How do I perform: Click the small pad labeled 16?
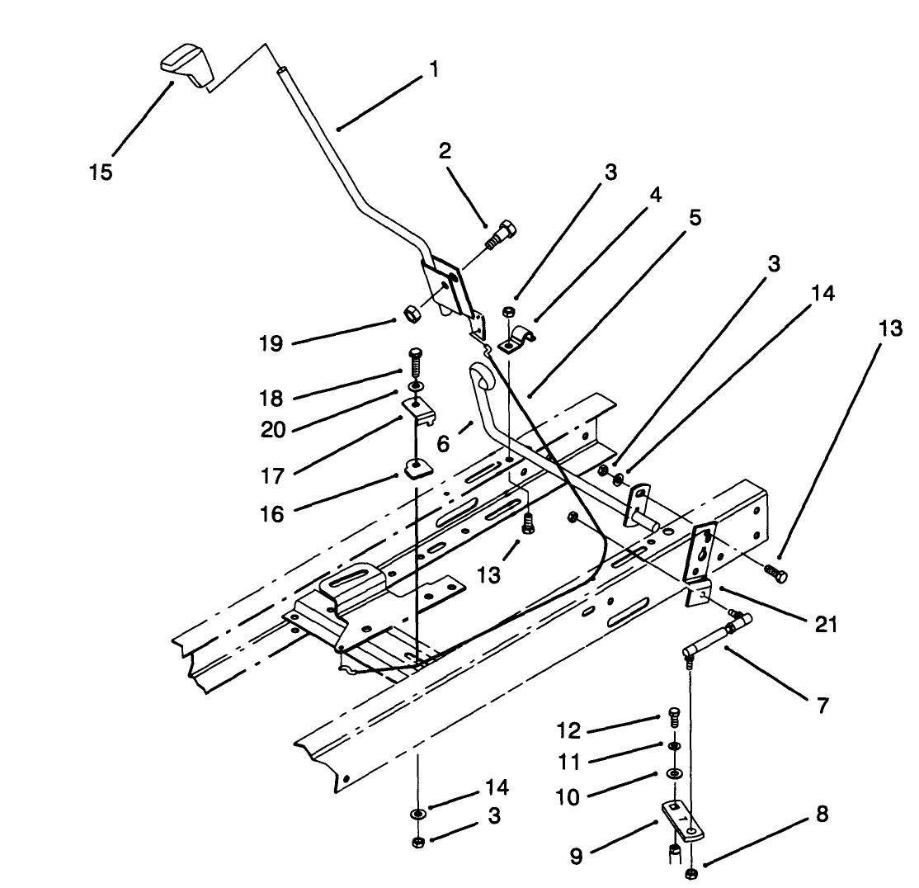click(417, 470)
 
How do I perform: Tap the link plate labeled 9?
click(681, 819)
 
